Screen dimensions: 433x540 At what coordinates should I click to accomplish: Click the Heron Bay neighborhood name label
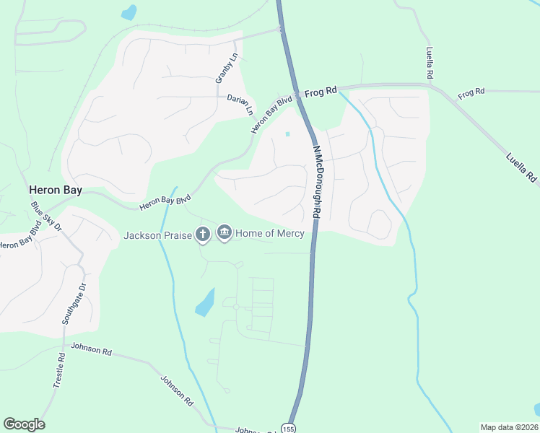pyautogui.click(x=55, y=191)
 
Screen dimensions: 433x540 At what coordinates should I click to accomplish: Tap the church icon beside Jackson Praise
pyautogui.click(x=203, y=234)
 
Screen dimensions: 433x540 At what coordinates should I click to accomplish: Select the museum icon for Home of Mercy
pyautogui.click(x=224, y=233)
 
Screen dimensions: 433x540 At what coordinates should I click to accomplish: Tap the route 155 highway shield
pyautogui.click(x=289, y=427)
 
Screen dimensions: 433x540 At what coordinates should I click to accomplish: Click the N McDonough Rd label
pyautogui.click(x=316, y=182)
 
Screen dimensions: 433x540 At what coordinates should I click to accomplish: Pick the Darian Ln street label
pyautogui.click(x=240, y=103)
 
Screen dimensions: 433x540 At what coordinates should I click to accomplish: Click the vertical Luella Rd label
pyautogui.click(x=430, y=64)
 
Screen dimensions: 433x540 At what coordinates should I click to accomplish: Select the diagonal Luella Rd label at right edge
pyautogui.click(x=521, y=166)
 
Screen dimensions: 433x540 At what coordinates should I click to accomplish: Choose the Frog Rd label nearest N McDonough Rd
pyautogui.click(x=321, y=92)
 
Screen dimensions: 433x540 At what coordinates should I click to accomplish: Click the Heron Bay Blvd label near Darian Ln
pyautogui.click(x=271, y=114)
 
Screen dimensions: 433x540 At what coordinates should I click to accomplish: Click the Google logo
pyautogui.click(x=24, y=424)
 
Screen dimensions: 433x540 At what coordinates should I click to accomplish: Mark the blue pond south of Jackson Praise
pyautogui.click(x=205, y=302)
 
